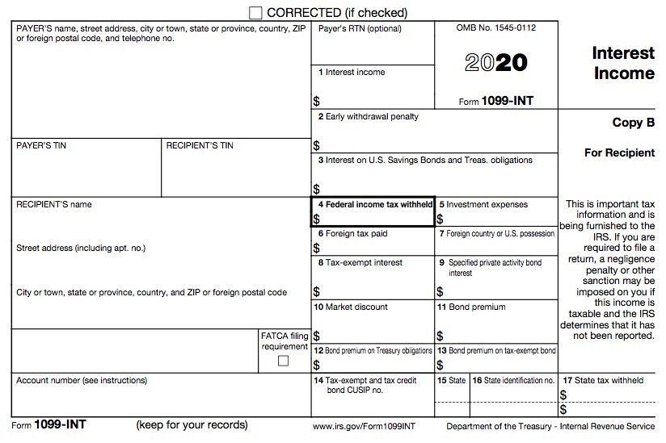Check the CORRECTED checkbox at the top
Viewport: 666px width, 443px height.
(256, 12)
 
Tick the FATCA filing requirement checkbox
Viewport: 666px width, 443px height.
(283, 361)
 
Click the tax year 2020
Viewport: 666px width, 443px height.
(495, 63)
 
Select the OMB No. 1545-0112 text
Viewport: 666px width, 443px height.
(495, 28)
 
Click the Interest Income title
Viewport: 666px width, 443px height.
(622, 63)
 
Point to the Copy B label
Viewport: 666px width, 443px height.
(633, 123)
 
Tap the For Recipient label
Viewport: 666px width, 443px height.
(619, 153)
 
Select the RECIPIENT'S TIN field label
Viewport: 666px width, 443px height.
(200, 145)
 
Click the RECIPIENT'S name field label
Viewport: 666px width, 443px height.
(54, 204)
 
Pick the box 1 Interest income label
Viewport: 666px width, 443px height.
(352, 73)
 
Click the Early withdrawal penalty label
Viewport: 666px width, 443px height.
(369, 117)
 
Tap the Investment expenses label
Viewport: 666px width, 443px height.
(483, 205)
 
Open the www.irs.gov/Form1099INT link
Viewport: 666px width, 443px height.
(364, 425)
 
